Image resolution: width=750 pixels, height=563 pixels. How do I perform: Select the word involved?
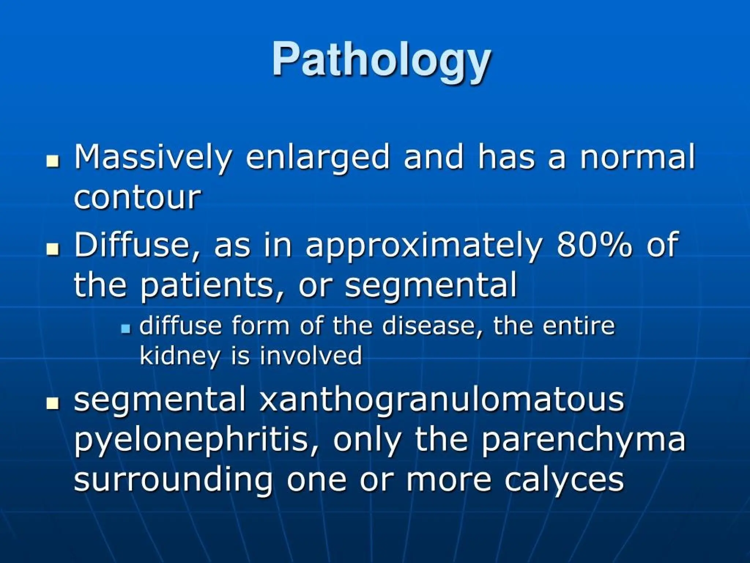[311, 356]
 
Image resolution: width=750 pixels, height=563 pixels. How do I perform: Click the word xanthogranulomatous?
[441, 400]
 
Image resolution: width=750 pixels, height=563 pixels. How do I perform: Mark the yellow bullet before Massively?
[53, 161]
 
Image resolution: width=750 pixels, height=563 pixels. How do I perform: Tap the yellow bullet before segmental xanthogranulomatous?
[53, 404]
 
